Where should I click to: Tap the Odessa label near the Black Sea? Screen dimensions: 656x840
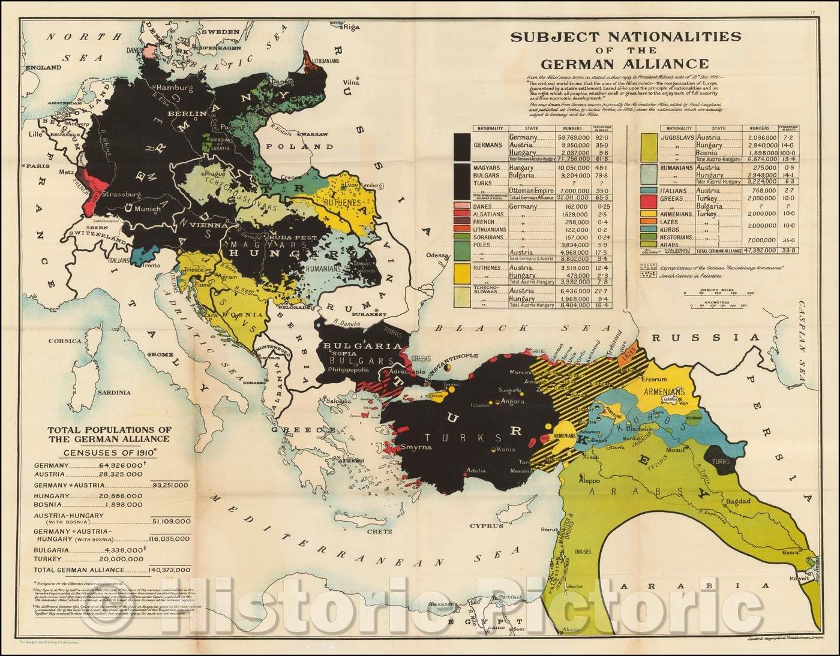click(x=437, y=255)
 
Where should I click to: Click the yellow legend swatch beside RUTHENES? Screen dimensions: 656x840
click(x=462, y=274)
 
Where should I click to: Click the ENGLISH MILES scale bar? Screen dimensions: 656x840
click(x=719, y=294)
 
